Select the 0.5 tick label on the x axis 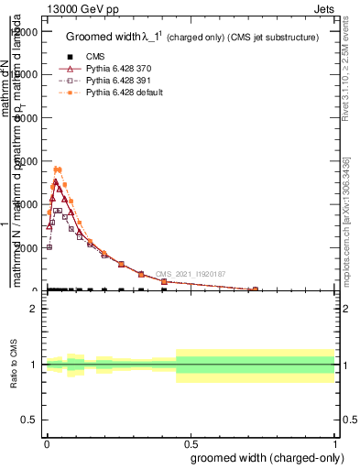point(191,442)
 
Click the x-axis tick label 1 point(335,442)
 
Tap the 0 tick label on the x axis point(47,442)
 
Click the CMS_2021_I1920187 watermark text point(190,274)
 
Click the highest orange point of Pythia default point(57,169)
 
